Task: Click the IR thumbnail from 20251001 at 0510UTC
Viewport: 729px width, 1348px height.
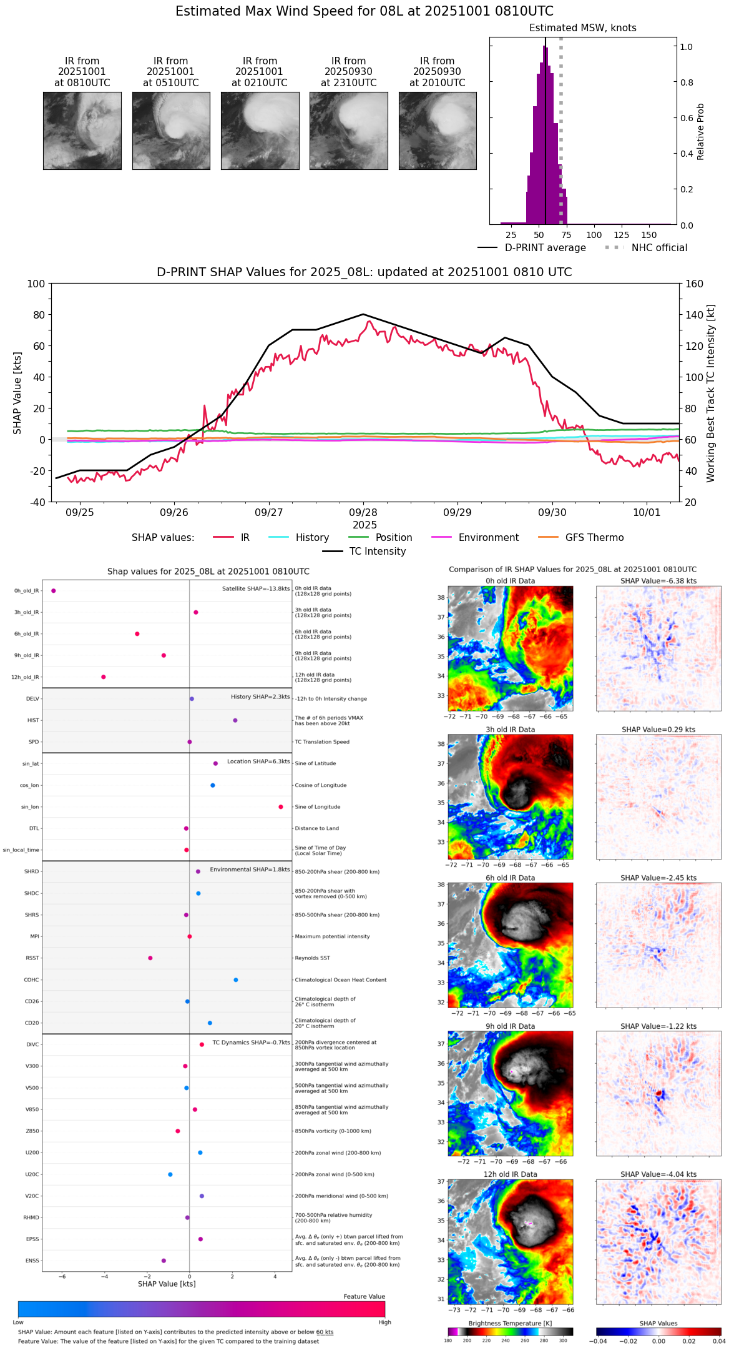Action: pos(171,131)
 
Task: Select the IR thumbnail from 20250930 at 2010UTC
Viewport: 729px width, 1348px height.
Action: pos(438,131)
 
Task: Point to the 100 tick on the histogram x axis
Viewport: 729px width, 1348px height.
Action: pos(594,235)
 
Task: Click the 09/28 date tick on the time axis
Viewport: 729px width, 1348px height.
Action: pos(363,512)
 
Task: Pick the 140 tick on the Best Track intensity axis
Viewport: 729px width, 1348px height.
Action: pos(694,315)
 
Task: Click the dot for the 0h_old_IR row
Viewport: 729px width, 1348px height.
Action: pos(54,590)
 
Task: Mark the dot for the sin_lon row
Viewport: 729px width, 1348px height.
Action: pos(281,807)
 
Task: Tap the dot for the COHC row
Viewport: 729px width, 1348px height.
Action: pos(236,979)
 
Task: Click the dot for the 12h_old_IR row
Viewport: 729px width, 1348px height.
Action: pos(104,676)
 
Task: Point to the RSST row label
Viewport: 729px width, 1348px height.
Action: pos(32,958)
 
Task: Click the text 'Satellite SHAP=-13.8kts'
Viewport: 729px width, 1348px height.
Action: pos(256,588)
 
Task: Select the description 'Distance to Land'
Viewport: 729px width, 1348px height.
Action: pos(317,828)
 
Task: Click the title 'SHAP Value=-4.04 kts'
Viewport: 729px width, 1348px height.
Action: pos(658,1174)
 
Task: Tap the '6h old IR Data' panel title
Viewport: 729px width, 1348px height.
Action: pos(510,878)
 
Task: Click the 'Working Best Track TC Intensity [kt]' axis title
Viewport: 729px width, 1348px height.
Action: pos(711,394)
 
